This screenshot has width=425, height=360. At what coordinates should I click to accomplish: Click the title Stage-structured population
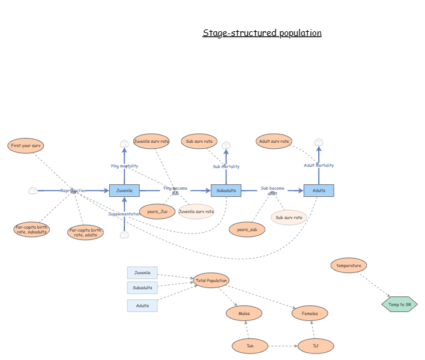click(262, 33)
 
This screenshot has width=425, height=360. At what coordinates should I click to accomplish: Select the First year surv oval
click(26, 146)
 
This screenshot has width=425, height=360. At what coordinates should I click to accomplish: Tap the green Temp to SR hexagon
click(399, 304)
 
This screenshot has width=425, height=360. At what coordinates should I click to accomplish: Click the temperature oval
click(349, 265)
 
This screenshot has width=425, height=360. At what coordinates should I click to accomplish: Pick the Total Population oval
click(211, 280)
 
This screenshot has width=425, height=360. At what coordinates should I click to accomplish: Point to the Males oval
click(244, 313)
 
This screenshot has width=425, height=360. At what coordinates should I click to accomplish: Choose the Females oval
click(310, 313)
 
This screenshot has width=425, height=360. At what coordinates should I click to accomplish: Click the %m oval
click(250, 346)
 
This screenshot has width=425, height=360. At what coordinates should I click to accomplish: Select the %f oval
click(315, 346)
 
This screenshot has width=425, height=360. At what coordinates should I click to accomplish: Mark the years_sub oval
click(247, 229)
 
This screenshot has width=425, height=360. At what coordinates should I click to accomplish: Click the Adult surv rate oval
click(274, 142)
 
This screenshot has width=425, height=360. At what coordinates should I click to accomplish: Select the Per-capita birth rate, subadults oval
click(32, 229)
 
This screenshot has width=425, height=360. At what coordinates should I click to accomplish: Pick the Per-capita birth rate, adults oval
click(85, 232)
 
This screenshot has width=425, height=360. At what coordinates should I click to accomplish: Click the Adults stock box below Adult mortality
click(319, 190)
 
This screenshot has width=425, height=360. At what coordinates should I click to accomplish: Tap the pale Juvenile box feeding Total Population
click(142, 273)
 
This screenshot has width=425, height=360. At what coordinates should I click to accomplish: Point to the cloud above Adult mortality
click(319, 142)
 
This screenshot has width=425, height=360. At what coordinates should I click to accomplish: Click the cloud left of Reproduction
click(33, 191)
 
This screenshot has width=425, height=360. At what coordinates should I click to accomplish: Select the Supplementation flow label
click(124, 214)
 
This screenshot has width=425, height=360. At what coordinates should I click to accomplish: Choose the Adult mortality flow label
click(319, 165)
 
